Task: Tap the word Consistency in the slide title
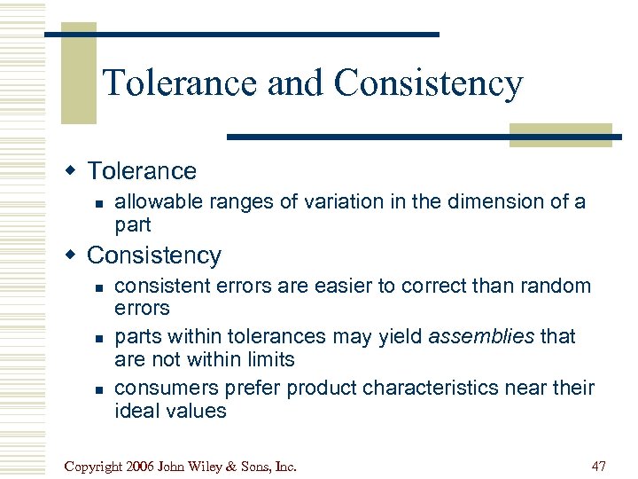pyautogui.click(x=429, y=84)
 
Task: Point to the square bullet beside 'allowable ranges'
pyautogui.click(x=100, y=203)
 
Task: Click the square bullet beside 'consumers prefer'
pyautogui.click(x=100, y=389)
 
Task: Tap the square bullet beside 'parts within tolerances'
pyautogui.click(x=100, y=338)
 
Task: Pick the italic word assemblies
pyautogui.click(x=482, y=337)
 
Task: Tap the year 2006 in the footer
pyautogui.click(x=144, y=465)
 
